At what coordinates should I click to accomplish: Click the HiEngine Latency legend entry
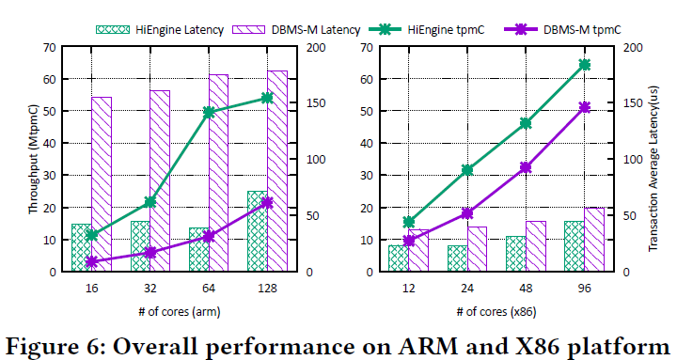pos(160,30)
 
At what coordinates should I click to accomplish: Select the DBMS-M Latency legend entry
pos(296,30)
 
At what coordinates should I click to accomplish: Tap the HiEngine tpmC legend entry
pos(427,30)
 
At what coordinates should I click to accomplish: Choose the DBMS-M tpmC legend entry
pos(562,30)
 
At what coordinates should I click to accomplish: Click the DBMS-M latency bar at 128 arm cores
pos(277,171)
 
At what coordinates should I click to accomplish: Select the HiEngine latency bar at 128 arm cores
pos(258,231)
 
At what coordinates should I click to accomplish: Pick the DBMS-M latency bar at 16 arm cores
pos(102,184)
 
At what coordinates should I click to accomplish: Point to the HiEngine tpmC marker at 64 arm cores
pos(209,113)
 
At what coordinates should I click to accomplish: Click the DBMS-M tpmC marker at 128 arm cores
pos(267,203)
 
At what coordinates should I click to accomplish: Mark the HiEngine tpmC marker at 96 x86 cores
pos(585,65)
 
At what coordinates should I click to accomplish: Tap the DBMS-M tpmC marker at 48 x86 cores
pos(526,167)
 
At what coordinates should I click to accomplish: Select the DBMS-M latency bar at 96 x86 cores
pos(594,240)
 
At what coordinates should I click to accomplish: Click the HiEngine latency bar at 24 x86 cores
pos(457,258)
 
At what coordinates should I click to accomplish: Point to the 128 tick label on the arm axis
pos(267,289)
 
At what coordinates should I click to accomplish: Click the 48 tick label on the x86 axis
pos(526,289)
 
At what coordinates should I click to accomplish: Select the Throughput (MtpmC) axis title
pos(34,159)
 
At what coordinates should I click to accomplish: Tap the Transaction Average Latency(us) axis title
pos(653,168)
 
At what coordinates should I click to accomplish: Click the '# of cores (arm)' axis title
pos(180,312)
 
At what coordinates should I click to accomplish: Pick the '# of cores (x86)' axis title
pos(496,312)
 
